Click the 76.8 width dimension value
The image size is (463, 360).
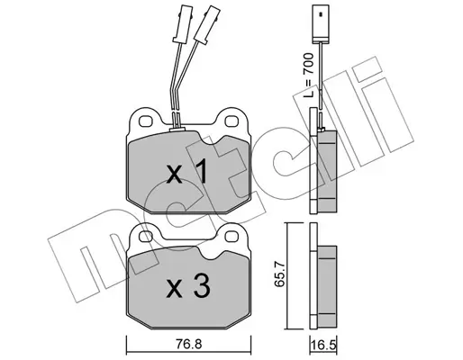187,344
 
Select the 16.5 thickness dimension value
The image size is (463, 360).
323,345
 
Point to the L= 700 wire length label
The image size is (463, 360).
308,76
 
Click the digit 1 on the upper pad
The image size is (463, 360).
201,171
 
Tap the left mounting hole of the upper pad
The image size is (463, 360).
145,121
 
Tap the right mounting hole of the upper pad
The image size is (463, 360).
231,121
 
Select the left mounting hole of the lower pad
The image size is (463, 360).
146,236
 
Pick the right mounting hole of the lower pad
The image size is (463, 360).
231,237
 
